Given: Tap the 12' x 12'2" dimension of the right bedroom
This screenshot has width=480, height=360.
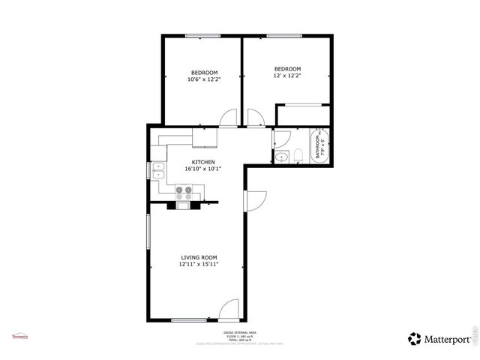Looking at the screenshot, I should pos(287,76).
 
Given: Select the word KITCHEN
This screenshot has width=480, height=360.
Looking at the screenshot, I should pos(203,162).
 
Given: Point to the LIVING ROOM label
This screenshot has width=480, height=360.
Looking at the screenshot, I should pos(199,257).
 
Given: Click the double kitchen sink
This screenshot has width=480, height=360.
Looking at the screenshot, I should pos(159,172).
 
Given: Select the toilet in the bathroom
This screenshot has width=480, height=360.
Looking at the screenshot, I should pos(298,155).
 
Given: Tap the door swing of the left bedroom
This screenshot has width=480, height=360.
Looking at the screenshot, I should pos(229,118).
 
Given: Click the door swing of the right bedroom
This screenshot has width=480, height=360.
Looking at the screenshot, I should pos(255,118).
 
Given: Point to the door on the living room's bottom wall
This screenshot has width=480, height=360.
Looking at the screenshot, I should pos(229,310).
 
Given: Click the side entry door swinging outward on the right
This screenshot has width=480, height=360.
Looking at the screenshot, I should pos(256,200).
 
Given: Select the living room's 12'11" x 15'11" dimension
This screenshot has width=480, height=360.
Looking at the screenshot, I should pos(199,265).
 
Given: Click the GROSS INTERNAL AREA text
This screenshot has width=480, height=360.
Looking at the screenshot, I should pos(240,332).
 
